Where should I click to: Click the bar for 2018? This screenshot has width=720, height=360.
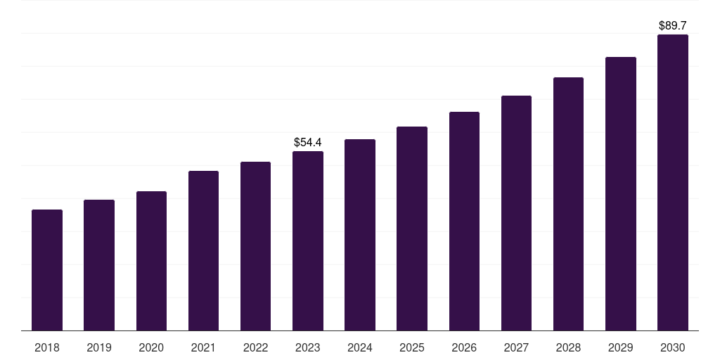tap(47, 270)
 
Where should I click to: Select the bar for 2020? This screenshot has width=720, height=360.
tap(152, 261)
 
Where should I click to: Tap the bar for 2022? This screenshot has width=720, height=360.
tap(255, 246)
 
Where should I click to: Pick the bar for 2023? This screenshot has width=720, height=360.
tap(308, 240)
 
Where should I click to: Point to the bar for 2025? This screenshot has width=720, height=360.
tap(412, 229)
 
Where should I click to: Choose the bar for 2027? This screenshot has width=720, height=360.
tap(516, 213)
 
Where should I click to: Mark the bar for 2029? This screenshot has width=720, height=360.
tap(621, 194)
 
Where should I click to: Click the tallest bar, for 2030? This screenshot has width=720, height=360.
tap(673, 182)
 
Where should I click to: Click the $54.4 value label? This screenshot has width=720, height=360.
tap(308, 142)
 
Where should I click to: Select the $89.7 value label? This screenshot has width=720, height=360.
tap(673, 26)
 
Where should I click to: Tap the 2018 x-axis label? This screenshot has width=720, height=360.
tap(47, 347)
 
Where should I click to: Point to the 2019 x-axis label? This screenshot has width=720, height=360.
tap(99, 347)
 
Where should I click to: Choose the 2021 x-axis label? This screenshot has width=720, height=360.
tap(203, 347)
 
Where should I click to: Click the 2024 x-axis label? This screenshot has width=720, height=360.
tap(360, 347)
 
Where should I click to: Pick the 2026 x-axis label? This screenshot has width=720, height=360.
tap(464, 347)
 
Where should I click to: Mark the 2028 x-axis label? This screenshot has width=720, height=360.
tap(568, 347)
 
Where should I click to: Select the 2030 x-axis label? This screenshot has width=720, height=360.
tap(673, 347)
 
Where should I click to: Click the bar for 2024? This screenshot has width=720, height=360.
tap(360, 235)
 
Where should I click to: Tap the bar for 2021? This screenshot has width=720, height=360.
tap(203, 251)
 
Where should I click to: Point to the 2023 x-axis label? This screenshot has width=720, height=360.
tap(308, 347)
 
